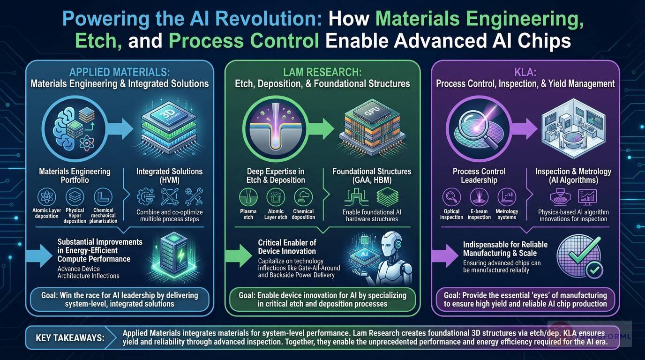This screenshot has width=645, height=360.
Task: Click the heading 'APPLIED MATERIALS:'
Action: click(x=119, y=73)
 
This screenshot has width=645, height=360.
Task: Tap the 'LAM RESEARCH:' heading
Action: click(x=322, y=73)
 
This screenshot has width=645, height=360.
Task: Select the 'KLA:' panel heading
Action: click(x=525, y=73)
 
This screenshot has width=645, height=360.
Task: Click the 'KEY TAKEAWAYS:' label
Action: click(x=70, y=338)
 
